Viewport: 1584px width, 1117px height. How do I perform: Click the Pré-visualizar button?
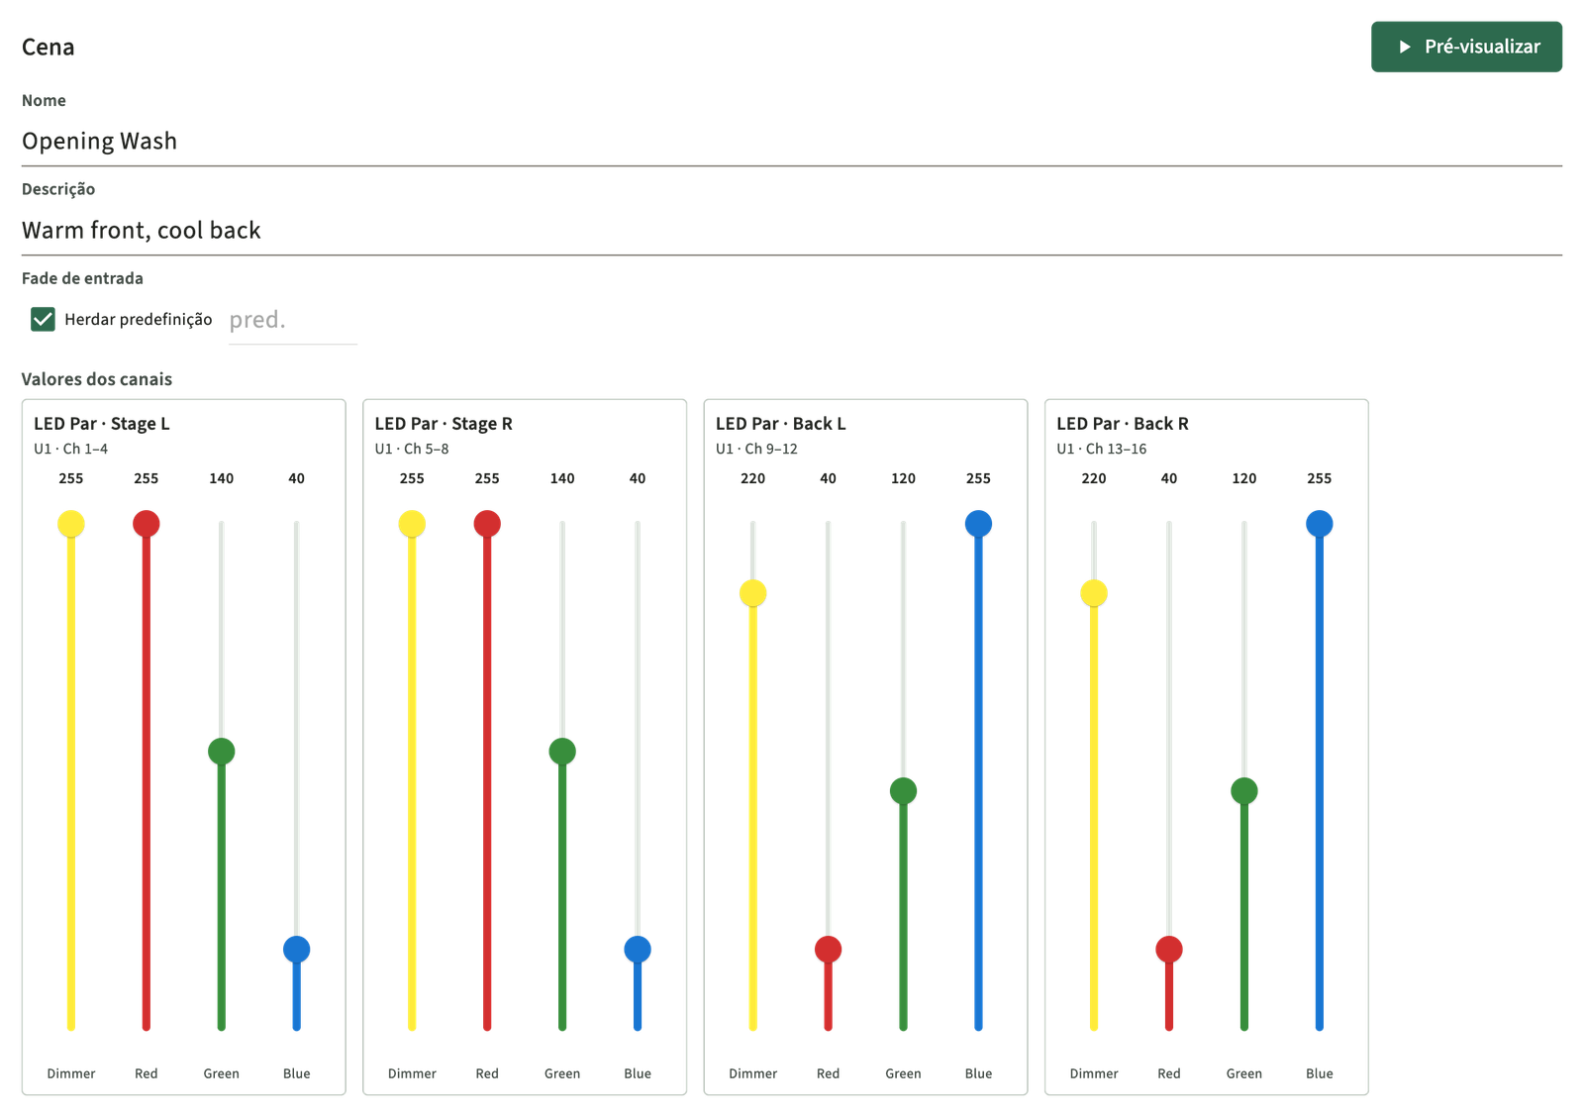click(x=1466, y=47)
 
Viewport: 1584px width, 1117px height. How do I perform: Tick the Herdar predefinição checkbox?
click(x=43, y=319)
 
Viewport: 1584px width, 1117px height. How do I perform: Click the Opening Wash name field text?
click(x=99, y=141)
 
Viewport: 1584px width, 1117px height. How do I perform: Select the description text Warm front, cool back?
click(x=142, y=230)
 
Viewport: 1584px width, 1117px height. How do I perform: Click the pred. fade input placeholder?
click(x=257, y=320)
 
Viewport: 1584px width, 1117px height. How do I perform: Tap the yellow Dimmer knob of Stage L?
click(x=70, y=524)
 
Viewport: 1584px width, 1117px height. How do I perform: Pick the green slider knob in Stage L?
click(x=222, y=752)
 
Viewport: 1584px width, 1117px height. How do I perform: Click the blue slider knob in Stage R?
click(x=638, y=950)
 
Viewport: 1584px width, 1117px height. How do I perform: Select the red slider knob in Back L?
click(x=828, y=950)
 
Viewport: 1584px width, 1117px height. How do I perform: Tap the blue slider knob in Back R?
click(x=1320, y=524)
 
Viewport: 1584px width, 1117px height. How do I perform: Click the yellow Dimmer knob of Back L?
click(x=753, y=593)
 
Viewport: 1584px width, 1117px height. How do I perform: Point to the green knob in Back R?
click(x=1243, y=791)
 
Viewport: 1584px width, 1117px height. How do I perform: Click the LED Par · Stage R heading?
click(x=444, y=424)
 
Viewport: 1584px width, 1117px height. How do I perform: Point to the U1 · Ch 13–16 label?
click(x=1102, y=449)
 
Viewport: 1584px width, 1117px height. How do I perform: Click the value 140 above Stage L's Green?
click(x=222, y=478)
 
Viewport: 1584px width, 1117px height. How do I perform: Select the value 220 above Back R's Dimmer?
click(x=1094, y=478)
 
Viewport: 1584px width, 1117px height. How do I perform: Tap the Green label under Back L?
click(x=903, y=1073)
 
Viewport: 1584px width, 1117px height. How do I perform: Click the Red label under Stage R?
click(x=487, y=1073)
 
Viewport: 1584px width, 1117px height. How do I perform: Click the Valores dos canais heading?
click(x=97, y=379)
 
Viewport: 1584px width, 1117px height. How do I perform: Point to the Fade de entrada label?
click(x=82, y=278)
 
